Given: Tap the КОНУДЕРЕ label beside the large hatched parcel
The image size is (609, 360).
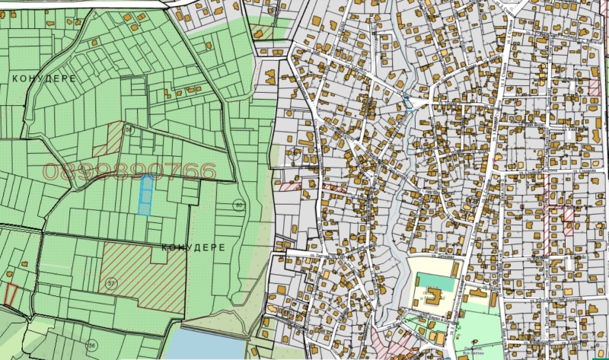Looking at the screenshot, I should (x=193, y=248).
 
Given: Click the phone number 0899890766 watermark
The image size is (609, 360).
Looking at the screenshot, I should (x=129, y=173).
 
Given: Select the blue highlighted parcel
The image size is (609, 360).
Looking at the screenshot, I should (x=145, y=194).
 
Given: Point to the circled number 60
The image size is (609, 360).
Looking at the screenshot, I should (x=239, y=205).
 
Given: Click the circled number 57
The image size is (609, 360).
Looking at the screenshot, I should (x=111, y=283).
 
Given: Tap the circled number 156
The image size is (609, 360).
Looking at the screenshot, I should (x=92, y=345).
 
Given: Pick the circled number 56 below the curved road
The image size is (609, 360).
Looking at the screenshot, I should (x=129, y=130).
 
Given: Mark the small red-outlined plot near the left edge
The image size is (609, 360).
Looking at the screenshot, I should (x=11, y=295).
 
